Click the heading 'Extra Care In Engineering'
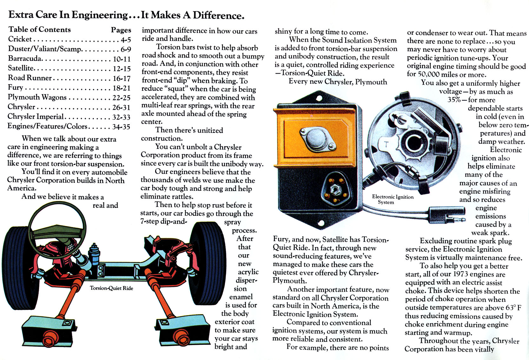click(x=68, y=15)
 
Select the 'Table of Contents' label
click(x=40, y=30)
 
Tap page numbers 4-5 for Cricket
click(x=126, y=40)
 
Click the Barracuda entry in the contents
click(x=25, y=58)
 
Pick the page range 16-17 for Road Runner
click(x=122, y=78)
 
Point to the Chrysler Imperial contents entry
click(x=36, y=117)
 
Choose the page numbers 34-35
click(x=121, y=127)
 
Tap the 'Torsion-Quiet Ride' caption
click(x=111, y=288)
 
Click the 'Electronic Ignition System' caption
click(x=393, y=199)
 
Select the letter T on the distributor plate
click(x=386, y=144)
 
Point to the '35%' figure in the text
click(x=454, y=100)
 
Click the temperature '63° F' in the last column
click(x=513, y=308)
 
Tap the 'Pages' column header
click(x=121, y=30)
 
